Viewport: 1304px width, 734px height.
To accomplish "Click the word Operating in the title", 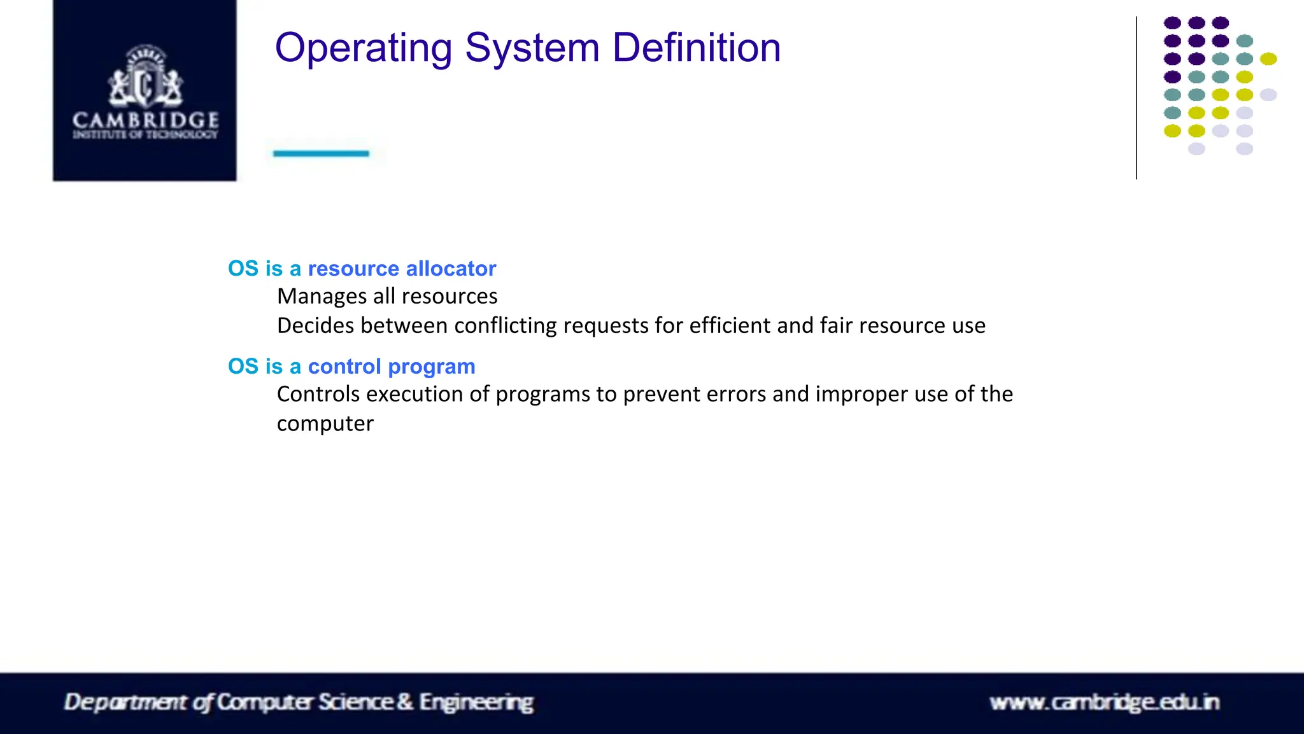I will tap(364, 48).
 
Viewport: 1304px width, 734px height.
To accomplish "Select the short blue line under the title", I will tap(321, 153).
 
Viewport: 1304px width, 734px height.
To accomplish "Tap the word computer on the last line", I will tap(325, 424).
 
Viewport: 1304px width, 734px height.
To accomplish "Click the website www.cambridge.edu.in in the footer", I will tap(1104, 702).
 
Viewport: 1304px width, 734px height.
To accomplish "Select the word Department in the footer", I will tap(125, 702).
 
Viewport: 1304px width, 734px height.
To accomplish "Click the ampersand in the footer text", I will tap(405, 702).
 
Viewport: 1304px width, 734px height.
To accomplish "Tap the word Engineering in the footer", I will tap(476, 702).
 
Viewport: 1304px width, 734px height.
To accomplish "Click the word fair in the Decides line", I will tap(835, 326).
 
